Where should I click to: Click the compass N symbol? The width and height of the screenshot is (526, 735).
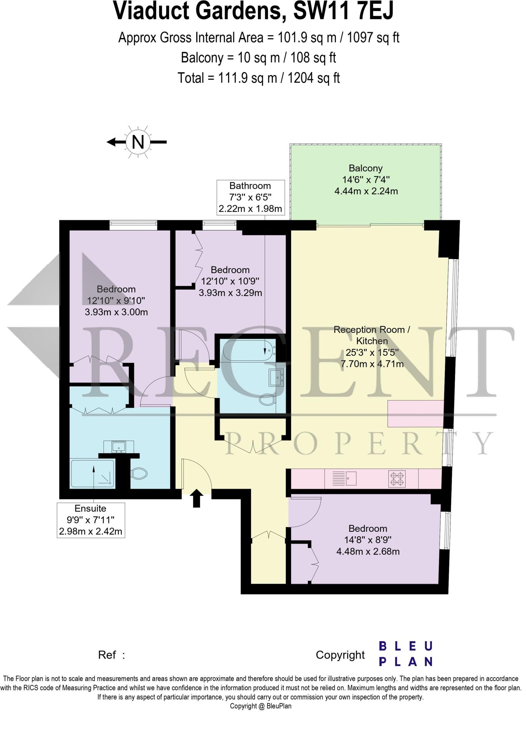point(138,142)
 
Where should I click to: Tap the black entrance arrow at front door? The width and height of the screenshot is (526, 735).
point(196,499)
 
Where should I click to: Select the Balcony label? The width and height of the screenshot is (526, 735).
point(365,168)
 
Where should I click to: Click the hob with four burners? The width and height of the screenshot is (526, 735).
point(397,479)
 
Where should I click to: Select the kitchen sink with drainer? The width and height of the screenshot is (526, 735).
point(344,478)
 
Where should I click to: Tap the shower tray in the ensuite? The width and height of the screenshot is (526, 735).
point(93,474)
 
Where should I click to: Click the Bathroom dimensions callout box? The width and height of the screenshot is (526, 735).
point(250,197)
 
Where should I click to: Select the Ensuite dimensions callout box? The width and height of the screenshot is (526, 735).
point(91,520)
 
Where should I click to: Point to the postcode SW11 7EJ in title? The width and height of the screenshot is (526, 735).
point(343,11)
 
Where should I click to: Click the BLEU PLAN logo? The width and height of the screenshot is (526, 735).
point(406,654)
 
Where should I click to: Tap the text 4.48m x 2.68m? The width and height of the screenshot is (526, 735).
point(368,552)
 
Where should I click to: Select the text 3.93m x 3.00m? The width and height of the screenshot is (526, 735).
point(116,312)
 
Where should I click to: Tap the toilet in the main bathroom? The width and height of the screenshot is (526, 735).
point(267,400)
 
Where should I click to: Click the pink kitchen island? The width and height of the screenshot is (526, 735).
point(415,414)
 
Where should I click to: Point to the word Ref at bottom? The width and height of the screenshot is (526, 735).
point(107,655)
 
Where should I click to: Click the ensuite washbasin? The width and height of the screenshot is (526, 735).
point(118,447)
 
